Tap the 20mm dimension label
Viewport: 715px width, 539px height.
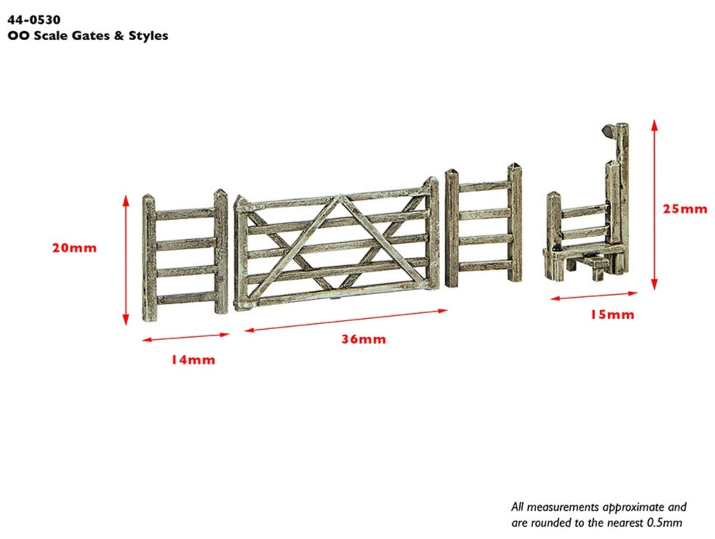pyautogui.click(x=74, y=248)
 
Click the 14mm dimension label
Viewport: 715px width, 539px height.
pyautogui.click(x=193, y=359)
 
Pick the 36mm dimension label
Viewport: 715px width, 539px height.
pyautogui.click(x=364, y=339)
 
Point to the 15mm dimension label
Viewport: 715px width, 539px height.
pyautogui.click(x=612, y=315)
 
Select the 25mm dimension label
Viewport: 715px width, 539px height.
pyautogui.click(x=684, y=208)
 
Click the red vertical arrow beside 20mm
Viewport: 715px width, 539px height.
pyautogui.click(x=125, y=259)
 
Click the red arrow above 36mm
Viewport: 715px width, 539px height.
pyautogui.click(x=345, y=320)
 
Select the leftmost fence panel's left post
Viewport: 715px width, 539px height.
pyautogui.click(x=148, y=254)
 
